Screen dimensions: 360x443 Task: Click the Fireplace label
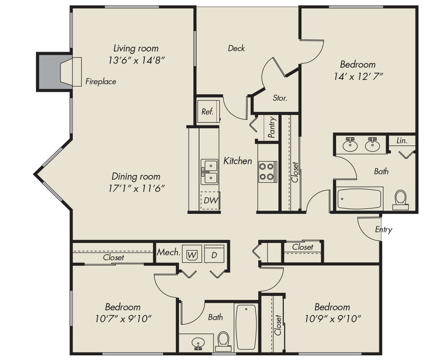pos(100,81)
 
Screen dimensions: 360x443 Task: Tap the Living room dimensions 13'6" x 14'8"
pos(136,60)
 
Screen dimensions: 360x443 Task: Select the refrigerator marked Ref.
pos(207,112)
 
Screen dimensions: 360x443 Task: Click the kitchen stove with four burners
pos(267,171)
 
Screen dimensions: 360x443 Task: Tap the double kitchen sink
pos(210,171)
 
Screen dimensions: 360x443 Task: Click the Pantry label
pos(271,127)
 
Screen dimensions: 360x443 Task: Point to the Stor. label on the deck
pos(280,98)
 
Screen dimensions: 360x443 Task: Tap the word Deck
pos(236,48)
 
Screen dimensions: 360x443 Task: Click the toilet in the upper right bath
pos(400,199)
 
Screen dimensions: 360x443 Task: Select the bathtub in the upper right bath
pos(359,199)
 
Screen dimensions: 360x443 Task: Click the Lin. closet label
pos(401,140)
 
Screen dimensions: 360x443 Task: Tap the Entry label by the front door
pos(383,229)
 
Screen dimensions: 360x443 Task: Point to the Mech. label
pos(169,252)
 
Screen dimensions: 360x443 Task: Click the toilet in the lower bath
pos(223,340)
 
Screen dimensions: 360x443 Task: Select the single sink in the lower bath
pos(198,343)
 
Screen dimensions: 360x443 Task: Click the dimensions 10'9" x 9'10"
pos(332,318)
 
